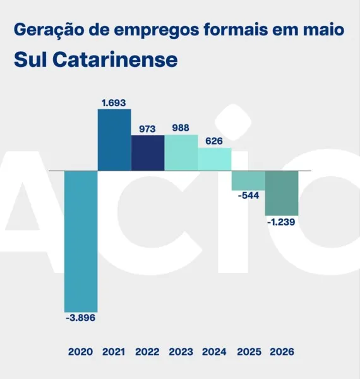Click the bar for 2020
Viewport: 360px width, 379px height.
point(81,241)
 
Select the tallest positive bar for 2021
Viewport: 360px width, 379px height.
point(114,140)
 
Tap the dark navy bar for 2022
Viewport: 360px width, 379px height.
point(148,153)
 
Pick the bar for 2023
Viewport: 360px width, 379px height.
point(181,152)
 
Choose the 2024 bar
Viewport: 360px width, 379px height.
point(215,159)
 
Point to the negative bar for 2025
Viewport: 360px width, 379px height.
point(248,181)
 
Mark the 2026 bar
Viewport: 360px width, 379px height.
point(282,193)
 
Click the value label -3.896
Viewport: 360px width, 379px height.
point(80,318)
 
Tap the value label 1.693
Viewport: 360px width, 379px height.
point(114,103)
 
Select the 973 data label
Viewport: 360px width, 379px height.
point(147,129)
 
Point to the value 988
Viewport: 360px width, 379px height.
point(181,128)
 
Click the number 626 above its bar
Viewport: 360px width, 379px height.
point(214,141)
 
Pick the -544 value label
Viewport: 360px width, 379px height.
point(249,195)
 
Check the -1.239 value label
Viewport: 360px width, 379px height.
point(281,222)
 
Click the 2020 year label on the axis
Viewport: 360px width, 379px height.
point(80,352)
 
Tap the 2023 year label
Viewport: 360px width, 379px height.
point(181,352)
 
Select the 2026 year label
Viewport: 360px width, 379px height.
point(282,352)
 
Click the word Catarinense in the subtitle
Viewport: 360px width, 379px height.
point(115,59)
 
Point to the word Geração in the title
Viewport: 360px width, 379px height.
point(48,30)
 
